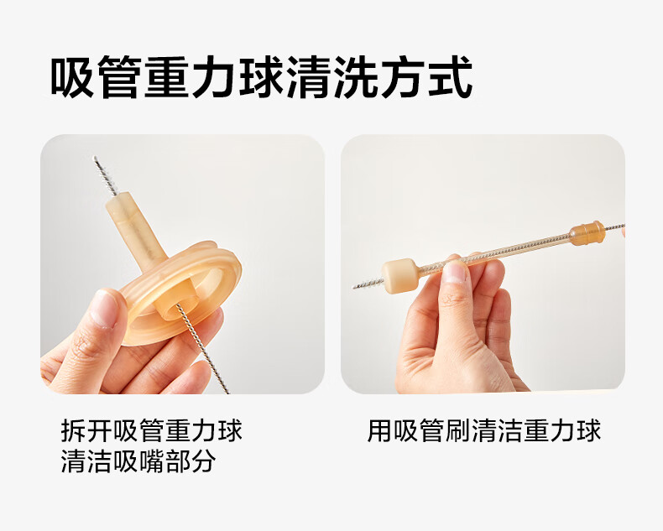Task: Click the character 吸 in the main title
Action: (x=71, y=76)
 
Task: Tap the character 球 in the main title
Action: (x=260, y=76)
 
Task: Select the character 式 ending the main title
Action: (x=450, y=76)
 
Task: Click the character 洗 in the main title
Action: (x=355, y=76)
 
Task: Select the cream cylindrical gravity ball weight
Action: (x=399, y=276)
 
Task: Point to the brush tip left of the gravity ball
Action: (x=368, y=284)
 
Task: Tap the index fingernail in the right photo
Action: (x=456, y=272)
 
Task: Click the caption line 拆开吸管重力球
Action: (x=151, y=430)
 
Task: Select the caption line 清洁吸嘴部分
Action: (x=138, y=461)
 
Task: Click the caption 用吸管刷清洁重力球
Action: (x=483, y=430)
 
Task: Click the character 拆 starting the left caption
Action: (x=74, y=430)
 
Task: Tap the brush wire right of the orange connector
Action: (x=615, y=227)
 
